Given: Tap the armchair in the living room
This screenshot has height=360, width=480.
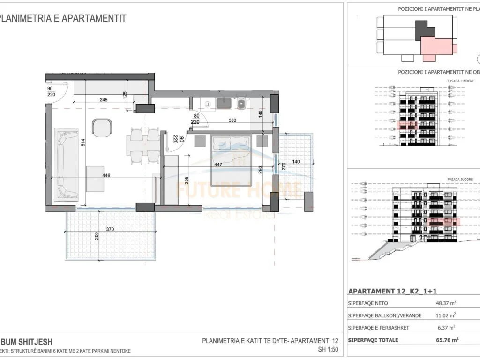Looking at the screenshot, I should [x=102, y=127].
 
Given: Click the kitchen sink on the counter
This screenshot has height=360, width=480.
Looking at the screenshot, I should [x=224, y=104].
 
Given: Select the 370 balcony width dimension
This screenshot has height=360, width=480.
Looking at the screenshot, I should [x=111, y=229].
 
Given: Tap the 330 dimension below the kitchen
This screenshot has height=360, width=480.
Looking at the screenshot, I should [x=232, y=120].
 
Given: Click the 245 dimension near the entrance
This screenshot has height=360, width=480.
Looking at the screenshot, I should [x=104, y=99].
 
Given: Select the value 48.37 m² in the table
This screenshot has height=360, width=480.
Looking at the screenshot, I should [x=434, y=303].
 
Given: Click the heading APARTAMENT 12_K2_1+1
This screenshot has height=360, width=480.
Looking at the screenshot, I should [x=390, y=291].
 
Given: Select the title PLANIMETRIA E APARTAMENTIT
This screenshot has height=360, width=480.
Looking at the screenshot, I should [x=63, y=19].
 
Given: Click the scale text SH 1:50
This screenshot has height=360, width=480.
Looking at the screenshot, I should [x=328, y=350].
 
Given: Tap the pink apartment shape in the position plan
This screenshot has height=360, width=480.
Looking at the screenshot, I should [x=437, y=48].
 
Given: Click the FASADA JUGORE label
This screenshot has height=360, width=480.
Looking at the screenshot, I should [x=460, y=180].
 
